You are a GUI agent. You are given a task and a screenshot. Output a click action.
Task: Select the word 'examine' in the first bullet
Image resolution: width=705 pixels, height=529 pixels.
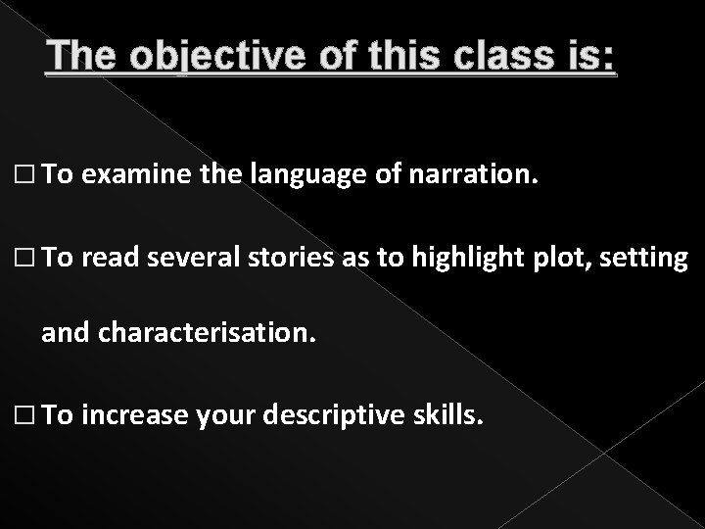coord(122,175)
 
